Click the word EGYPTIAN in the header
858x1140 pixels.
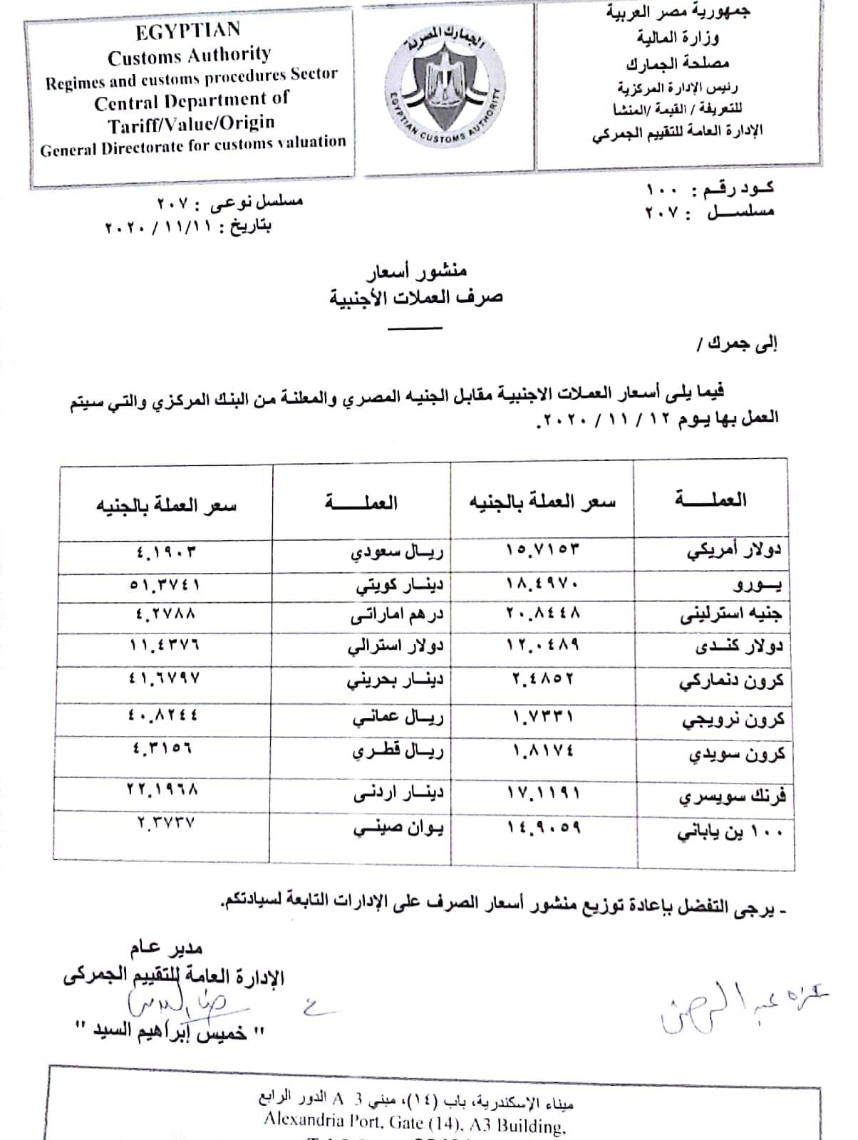tap(188, 31)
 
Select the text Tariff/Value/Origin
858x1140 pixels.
tap(191, 124)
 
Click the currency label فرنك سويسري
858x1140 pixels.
tap(738, 796)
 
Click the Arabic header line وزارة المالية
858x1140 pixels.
tap(685, 37)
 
